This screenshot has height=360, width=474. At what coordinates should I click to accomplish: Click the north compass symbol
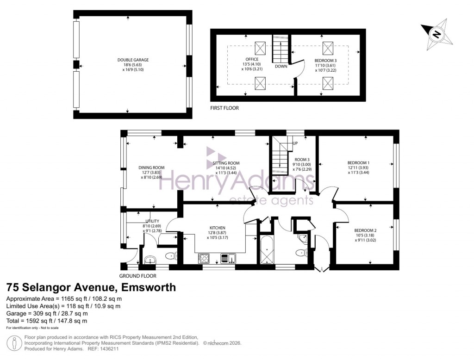(436, 33)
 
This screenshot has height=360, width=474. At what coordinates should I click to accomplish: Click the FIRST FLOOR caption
(225, 107)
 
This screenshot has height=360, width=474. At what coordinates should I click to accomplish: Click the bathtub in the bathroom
(267, 250)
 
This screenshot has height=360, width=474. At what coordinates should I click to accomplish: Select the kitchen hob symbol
(204, 258)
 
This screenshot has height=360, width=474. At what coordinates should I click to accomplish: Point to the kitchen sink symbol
(229, 258)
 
